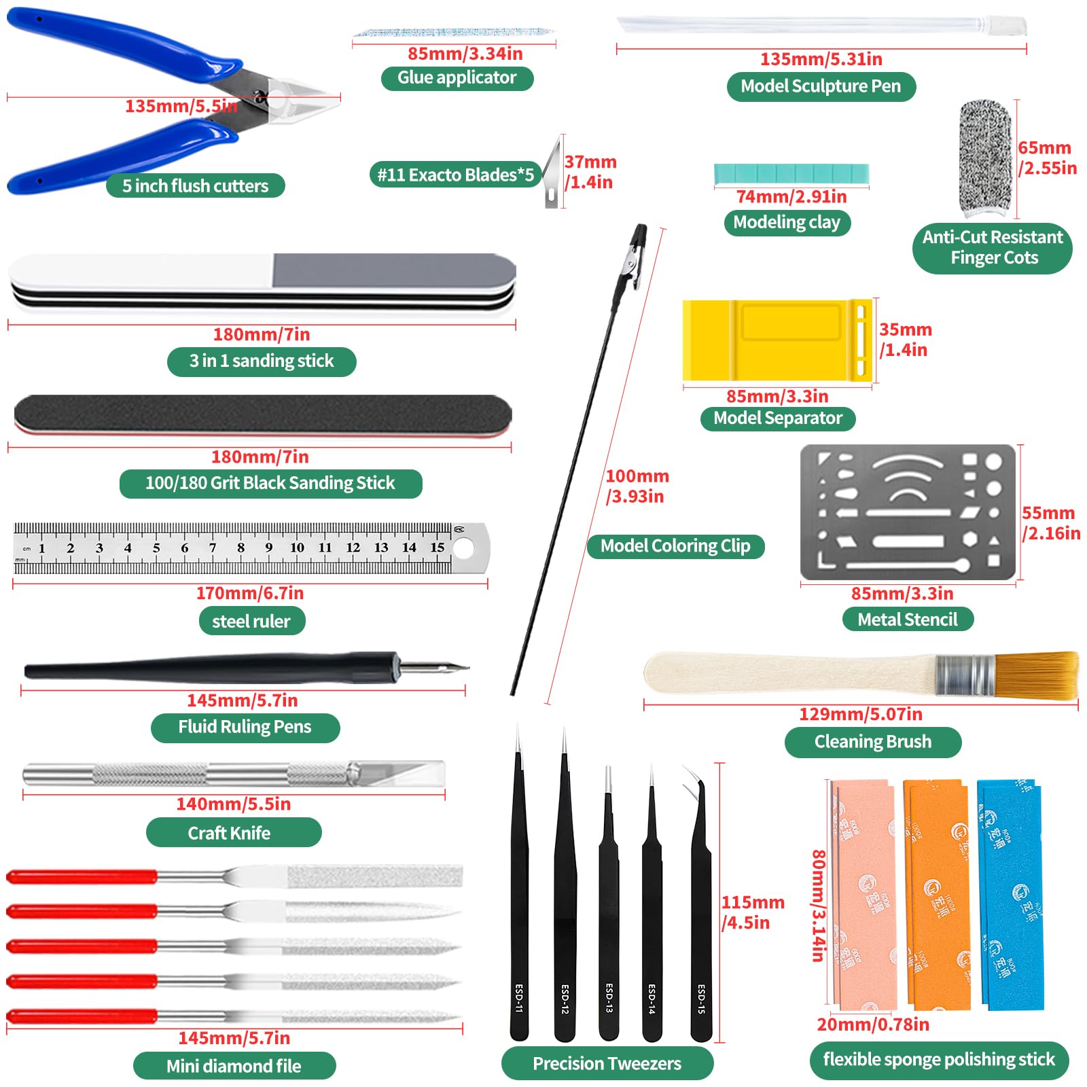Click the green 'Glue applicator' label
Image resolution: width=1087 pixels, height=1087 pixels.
457,78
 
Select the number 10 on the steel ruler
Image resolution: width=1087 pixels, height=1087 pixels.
297,548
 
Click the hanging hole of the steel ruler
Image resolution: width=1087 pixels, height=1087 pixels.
463,548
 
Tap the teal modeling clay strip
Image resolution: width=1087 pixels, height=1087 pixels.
791,174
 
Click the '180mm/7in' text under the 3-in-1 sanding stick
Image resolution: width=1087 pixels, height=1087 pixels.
262,334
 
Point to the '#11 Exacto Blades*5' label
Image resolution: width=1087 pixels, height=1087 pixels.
455,175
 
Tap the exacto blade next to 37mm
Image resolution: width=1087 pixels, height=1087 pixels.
553,173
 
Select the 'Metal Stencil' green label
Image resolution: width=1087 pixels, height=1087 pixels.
908,620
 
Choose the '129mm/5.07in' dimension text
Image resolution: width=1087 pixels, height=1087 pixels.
860,715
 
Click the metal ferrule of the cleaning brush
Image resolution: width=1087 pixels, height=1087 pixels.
965,675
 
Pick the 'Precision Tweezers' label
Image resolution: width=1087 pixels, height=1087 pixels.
607,1063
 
